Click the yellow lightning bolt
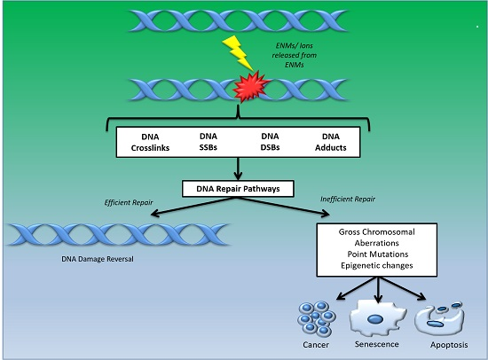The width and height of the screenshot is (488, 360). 238,53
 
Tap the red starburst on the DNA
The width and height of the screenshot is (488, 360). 251,87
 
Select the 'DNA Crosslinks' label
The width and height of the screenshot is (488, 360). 150,142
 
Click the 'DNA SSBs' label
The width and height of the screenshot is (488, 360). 209,142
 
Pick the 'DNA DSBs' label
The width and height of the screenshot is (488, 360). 270,142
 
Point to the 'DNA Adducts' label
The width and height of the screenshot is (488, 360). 331,142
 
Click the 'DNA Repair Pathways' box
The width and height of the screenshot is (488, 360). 238,189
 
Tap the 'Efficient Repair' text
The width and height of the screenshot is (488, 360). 129,202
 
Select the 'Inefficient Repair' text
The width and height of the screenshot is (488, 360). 348,200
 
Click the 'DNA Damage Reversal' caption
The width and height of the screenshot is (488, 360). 98,259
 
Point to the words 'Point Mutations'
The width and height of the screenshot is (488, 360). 377,254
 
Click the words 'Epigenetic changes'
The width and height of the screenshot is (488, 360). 377,265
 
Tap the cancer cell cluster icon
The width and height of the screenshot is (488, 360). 317,318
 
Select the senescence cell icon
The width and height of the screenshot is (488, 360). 377,317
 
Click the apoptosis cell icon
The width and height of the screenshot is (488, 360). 439,318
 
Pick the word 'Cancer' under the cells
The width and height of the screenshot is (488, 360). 316,345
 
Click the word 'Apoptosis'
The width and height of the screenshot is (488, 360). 449,345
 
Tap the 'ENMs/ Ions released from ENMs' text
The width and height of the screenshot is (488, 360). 294,55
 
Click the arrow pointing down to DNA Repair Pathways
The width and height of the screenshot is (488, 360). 238,168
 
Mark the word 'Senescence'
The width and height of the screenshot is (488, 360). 376,344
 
